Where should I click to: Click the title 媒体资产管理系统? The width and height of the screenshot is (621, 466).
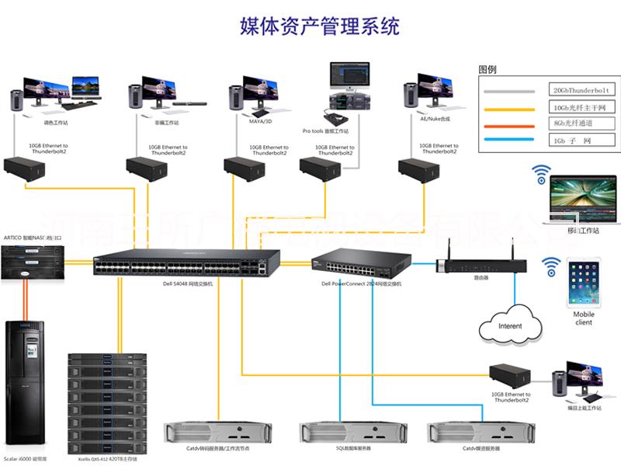click(x=320, y=27)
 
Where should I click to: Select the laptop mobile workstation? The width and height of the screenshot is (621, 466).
click(x=579, y=198)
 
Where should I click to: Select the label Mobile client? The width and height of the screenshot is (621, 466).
click(x=584, y=318)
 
